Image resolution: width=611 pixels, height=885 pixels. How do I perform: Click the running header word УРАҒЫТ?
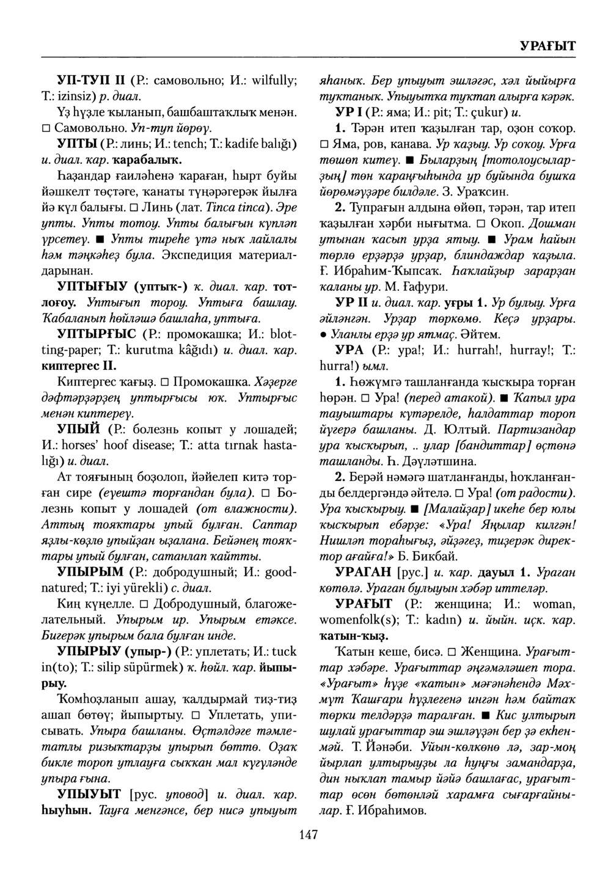click(547, 46)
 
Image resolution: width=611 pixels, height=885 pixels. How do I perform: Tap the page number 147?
click(305, 834)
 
